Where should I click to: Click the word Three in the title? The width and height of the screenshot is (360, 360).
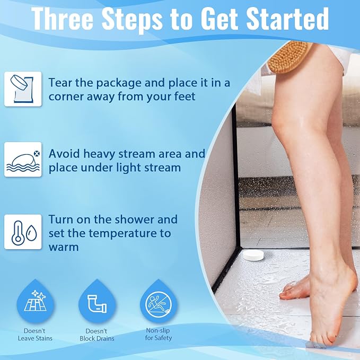(x=62, y=19)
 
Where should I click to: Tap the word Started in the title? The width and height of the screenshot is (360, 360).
(x=287, y=19)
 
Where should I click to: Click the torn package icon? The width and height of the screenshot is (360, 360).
(x=23, y=89)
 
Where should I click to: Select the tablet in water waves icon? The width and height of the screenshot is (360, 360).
(x=23, y=160)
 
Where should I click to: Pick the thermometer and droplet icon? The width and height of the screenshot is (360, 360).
(x=23, y=232)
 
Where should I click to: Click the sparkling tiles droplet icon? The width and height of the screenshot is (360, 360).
(x=35, y=301)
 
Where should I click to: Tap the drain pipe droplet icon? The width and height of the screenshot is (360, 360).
(x=97, y=301)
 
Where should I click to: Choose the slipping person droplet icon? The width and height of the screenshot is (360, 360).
(x=159, y=301)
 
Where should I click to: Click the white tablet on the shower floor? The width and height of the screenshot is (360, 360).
(x=253, y=255)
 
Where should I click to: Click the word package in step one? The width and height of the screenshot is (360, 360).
(x=118, y=83)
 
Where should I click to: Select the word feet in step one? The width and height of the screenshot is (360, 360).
(x=185, y=96)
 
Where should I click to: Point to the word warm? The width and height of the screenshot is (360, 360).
(x=64, y=248)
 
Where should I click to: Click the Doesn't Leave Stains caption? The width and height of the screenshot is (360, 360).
(x=35, y=335)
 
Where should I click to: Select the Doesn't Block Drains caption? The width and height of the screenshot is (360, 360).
(x=97, y=335)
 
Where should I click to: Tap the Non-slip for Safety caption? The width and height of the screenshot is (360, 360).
(x=159, y=334)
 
